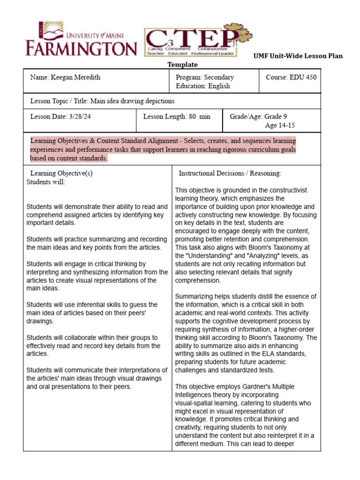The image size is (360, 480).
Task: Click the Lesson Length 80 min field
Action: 177,117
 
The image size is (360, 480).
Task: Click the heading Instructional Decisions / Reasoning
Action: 230,173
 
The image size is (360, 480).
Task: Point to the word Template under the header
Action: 183,65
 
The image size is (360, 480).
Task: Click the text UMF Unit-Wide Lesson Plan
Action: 298,56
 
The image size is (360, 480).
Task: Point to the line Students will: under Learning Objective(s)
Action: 46,182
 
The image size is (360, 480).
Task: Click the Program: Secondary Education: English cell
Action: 205,82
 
